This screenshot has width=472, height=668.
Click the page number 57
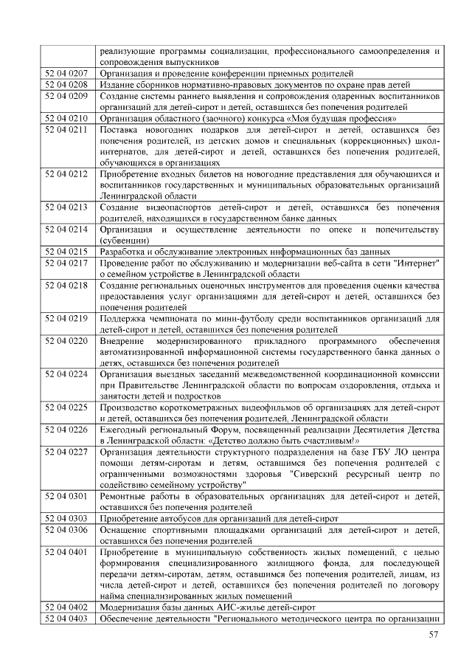434,636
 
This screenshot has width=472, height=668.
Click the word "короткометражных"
200,407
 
